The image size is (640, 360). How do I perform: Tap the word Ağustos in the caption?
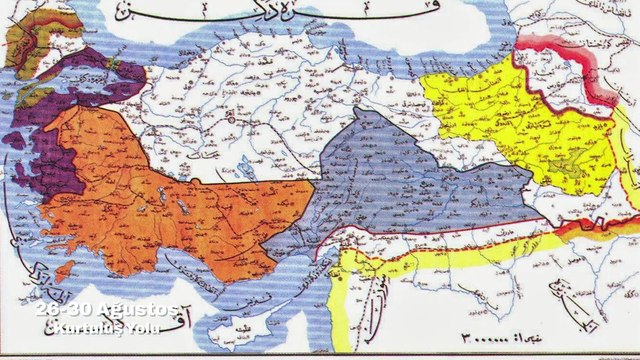click(142, 310)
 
